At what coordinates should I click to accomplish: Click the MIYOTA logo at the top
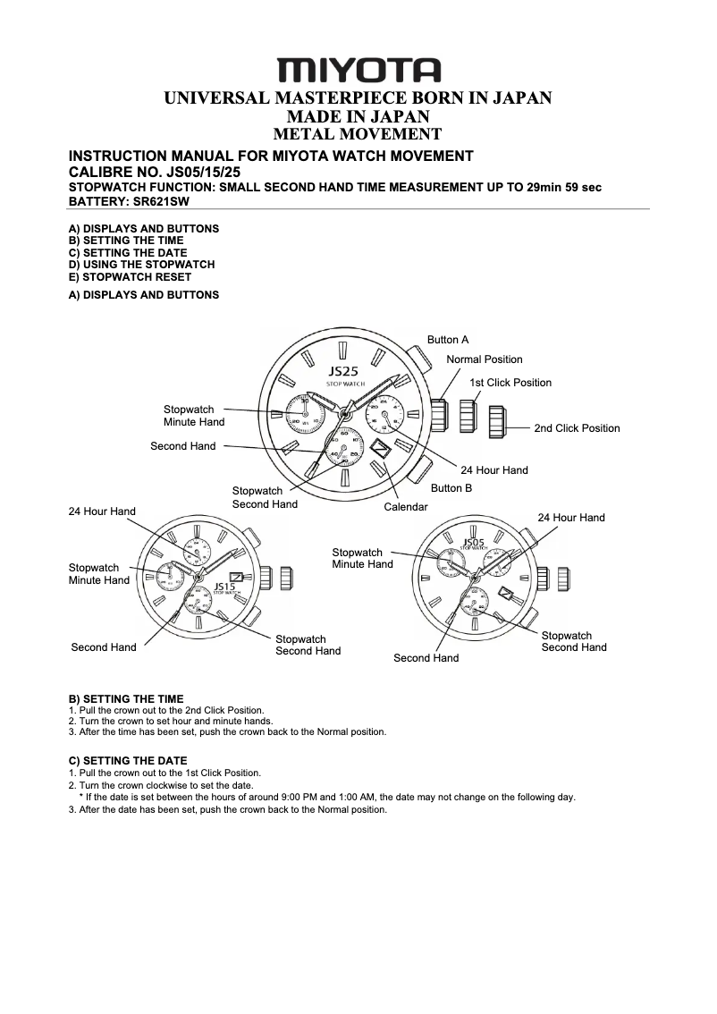(x=358, y=70)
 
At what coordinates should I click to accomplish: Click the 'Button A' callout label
(x=447, y=340)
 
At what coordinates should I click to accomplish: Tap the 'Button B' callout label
(x=451, y=488)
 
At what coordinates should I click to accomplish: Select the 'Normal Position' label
(x=485, y=359)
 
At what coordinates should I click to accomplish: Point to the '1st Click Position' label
(x=510, y=383)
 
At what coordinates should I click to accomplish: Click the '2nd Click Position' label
(x=577, y=428)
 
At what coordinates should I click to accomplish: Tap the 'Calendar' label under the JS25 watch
(x=406, y=507)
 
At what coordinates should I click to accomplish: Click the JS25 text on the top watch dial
(x=343, y=371)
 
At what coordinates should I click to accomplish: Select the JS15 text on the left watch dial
(x=224, y=587)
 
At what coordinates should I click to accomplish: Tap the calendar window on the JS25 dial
(x=380, y=448)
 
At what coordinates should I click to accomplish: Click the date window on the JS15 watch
(x=237, y=577)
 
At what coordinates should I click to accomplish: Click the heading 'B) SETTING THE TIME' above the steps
(x=126, y=699)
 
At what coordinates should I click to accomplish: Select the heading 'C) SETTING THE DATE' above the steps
(x=128, y=761)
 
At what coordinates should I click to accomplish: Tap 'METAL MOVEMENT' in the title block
(x=358, y=135)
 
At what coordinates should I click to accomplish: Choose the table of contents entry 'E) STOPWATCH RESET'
(x=131, y=277)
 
